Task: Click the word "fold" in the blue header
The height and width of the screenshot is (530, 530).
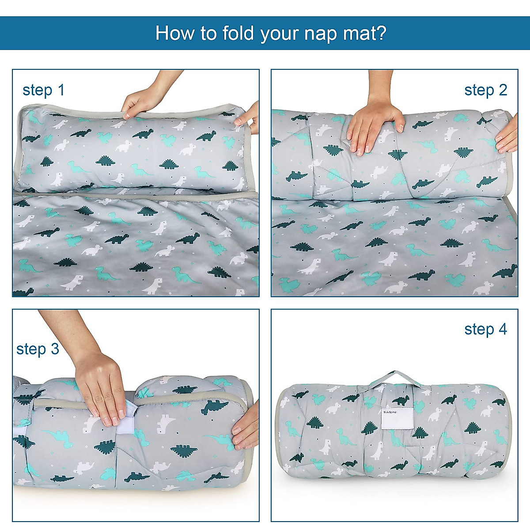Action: pos(238,33)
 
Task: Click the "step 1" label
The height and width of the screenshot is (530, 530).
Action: pos(44,90)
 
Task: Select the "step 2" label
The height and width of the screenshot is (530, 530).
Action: pos(485,90)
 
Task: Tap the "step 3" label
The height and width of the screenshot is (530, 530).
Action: pos(38,349)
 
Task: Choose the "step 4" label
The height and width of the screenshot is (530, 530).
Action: pos(485,329)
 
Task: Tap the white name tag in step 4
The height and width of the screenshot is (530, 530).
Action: pos(397,417)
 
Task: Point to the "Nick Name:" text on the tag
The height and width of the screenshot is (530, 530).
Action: pos(390,411)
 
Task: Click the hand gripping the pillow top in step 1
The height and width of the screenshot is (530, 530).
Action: pos(141,102)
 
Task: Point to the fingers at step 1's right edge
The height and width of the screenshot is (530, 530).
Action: pos(250,119)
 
